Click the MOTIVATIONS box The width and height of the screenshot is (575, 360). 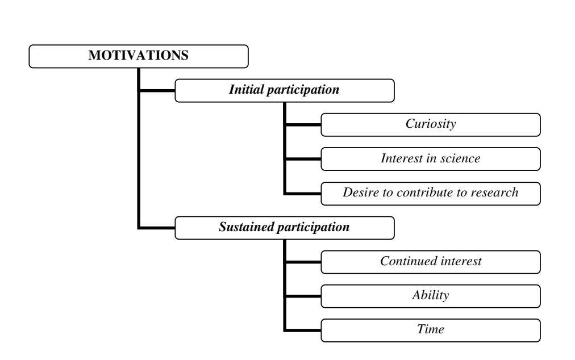tap(139, 56)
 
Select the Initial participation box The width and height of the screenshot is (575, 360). tap(285, 90)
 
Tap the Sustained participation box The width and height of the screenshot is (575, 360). tap(285, 228)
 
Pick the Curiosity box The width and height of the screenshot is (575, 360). tap(431, 125)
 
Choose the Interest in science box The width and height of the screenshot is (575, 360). tap(431, 159)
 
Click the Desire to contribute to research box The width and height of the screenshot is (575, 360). tap(431, 194)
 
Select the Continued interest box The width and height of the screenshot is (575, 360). tap(431, 262)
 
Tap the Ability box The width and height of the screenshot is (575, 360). tap(431, 296)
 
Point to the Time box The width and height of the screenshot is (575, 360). tap(431, 330)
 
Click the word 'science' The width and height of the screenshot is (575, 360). tap(460, 158)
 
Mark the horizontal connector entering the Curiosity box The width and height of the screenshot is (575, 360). tap(303, 125)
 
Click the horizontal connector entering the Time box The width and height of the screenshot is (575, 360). tap(303, 330)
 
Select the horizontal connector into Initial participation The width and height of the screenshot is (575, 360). tap(157, 90)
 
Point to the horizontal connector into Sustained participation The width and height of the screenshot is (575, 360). tap(157, 228)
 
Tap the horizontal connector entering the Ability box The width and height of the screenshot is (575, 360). tap(303, 296)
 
